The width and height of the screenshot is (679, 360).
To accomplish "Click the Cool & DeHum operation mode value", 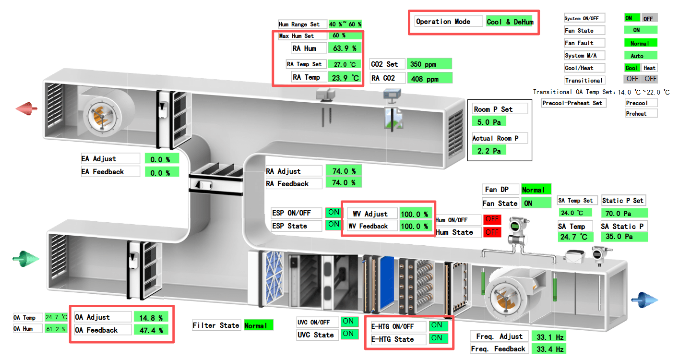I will (510, 22).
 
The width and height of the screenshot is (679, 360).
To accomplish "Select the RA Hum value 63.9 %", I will (345, 48).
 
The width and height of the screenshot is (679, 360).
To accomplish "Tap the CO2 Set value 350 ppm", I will (429, 64).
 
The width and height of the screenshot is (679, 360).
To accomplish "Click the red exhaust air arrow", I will (27, 109).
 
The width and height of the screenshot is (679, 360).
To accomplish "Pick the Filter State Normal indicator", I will (259, 325).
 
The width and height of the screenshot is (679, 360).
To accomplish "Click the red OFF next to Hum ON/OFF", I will (492, 219).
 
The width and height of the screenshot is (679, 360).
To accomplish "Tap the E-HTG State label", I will (393, 339).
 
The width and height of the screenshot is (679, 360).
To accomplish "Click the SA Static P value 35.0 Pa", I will (624, 237).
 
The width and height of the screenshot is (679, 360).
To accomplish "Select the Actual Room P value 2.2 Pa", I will (489, 151).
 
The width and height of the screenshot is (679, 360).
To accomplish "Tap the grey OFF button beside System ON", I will (648, 18).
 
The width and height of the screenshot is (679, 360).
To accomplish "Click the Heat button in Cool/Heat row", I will (649, 68).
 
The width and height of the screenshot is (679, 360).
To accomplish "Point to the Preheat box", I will (641, 114).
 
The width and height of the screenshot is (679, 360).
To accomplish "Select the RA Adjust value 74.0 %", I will (344, 170).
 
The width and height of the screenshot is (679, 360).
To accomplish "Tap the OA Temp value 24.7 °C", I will (56, 317).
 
